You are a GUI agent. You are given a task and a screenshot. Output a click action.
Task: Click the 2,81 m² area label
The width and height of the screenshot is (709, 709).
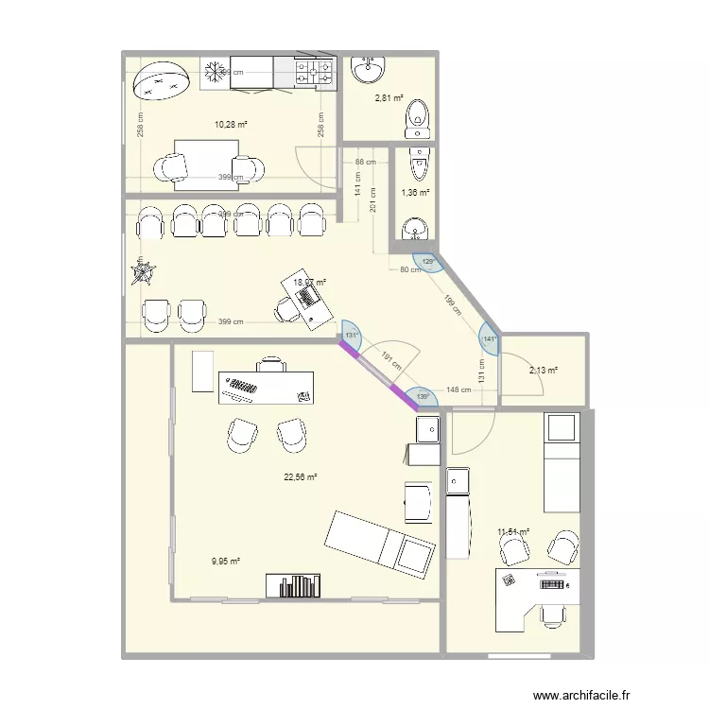[389, 97]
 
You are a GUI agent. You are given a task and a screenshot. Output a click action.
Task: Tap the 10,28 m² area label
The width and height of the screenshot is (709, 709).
[231, 125]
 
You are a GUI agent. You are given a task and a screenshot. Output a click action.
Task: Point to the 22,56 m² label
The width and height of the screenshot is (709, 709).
[300, 477]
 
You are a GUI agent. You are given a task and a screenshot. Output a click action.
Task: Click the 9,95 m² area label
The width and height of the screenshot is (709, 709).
[225, 561]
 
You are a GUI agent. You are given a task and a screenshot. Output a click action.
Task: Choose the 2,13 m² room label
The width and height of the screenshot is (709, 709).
[544, 371]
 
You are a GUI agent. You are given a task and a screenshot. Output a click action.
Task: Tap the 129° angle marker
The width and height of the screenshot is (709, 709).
[427, 262]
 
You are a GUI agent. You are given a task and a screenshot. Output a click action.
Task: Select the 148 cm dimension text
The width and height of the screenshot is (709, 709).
[458, 389]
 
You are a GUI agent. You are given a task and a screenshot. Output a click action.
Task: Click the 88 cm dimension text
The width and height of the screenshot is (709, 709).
[366, 163]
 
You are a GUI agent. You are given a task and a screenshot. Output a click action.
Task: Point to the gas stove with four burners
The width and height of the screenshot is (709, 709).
[316, 70]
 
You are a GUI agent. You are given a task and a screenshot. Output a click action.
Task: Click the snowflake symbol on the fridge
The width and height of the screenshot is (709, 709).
[214, 72]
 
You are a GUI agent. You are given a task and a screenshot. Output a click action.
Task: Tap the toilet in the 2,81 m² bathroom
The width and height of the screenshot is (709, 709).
[417, 117]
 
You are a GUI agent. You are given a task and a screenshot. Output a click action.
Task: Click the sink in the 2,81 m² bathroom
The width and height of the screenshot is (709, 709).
[368, 70]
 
